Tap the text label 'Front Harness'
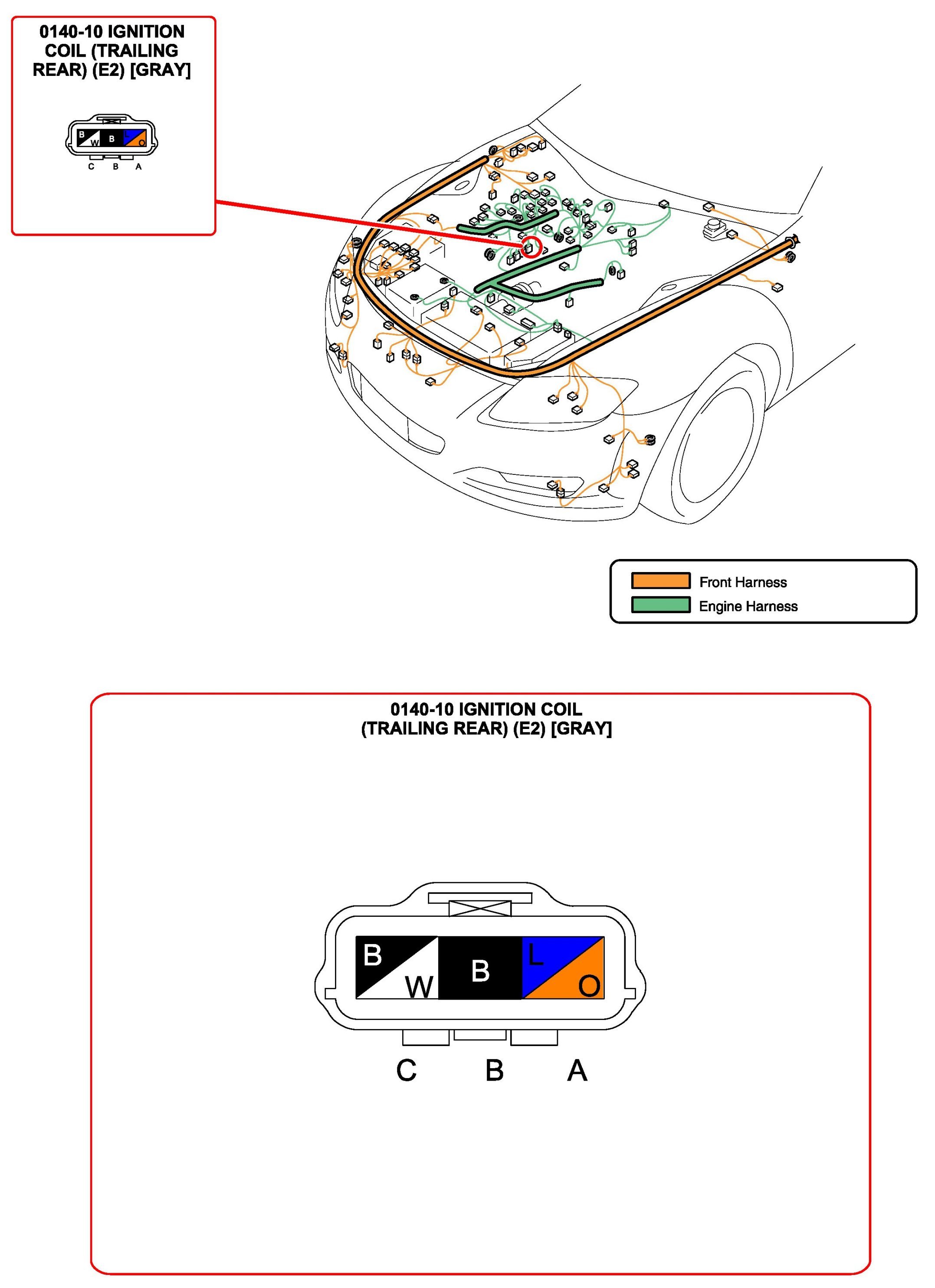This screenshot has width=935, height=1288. pos(742,582)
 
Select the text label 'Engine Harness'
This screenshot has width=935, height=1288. pos(748,607)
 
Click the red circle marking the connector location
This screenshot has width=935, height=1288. pos(531,247)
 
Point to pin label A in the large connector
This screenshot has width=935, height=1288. pos(577,1070)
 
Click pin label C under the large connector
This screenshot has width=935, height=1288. pos(406,1070)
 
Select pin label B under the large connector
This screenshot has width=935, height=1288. pos(494,1070)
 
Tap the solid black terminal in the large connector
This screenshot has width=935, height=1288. pos(480,968)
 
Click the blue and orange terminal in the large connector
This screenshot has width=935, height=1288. pos(562,968)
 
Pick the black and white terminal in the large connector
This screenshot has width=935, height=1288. pos(397,968)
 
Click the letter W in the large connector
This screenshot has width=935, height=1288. pos(419,987)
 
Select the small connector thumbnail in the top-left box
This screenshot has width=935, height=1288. pos(112,138)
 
